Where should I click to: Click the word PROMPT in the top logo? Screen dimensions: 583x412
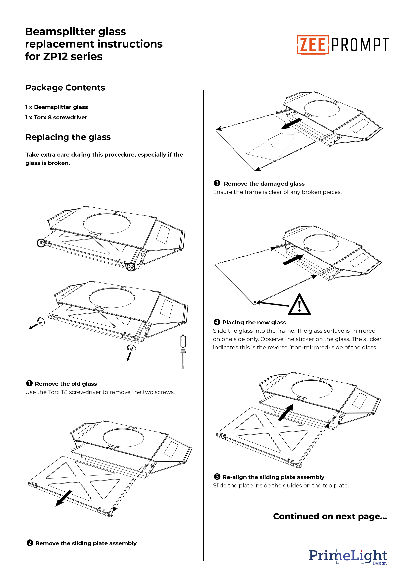pos(360,45)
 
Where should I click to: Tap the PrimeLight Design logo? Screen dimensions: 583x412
pos(348,557)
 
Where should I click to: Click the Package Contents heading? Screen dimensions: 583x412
pos(65,88)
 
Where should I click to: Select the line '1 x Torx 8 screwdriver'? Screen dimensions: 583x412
pos(56,117)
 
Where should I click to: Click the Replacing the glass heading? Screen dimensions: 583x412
pos(68,137)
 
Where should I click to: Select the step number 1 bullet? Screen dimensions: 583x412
pos(29,383)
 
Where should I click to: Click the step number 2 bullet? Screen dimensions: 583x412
pos(30,543)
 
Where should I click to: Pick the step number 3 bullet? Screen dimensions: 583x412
pos(217,183)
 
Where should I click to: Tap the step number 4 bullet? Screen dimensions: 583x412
pos(217,322)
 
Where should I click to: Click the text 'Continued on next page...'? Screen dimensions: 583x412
pos(330,516)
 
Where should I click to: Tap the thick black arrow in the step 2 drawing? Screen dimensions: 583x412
pos(64,498)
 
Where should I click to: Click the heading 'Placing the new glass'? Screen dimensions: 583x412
pos(254,322)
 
